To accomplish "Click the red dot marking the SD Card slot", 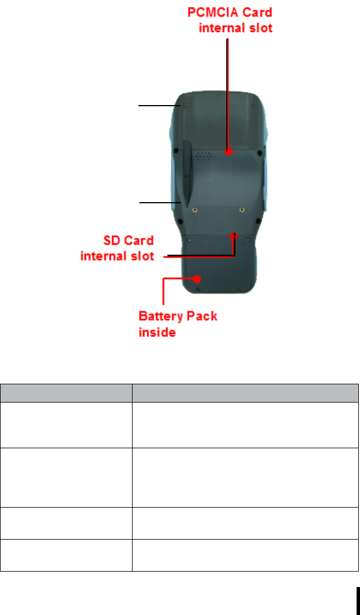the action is pyautogui.click(x=234, y=234).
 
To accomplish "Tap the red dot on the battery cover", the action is pyautogui.click(x=197, y=279).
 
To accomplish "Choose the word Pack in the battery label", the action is pyautogui.click(x=200, y=315).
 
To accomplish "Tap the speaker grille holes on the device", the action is pyautogui.click(x=205, y=155).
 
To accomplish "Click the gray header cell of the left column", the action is pyautogui.click(x=66, y=393).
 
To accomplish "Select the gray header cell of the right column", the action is pyautogui.click(x=245, y=393).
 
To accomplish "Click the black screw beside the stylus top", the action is pyautogui.click(x=175, y=152).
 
